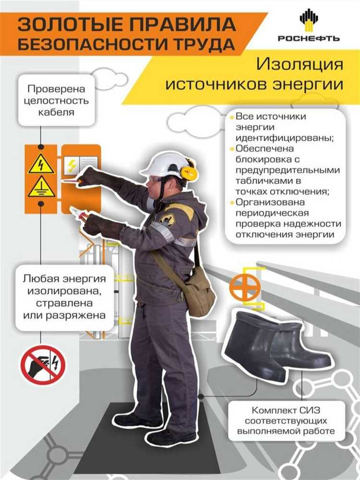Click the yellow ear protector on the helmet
[189, 173]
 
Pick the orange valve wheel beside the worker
[244, 287]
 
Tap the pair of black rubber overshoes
[276, 342]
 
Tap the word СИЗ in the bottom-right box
[308, 411]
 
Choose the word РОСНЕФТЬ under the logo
[309, 38]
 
